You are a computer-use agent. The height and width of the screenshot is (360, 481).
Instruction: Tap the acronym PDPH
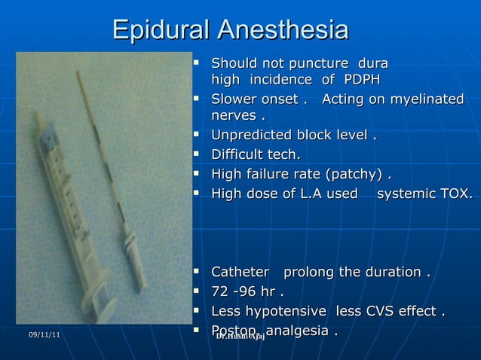pos(362,80)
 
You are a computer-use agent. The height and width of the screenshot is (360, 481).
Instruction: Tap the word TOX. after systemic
pos(456,194)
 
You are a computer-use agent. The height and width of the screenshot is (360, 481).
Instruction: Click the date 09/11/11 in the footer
pos(45,334)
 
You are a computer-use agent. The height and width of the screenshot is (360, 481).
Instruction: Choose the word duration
pos(394,272)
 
